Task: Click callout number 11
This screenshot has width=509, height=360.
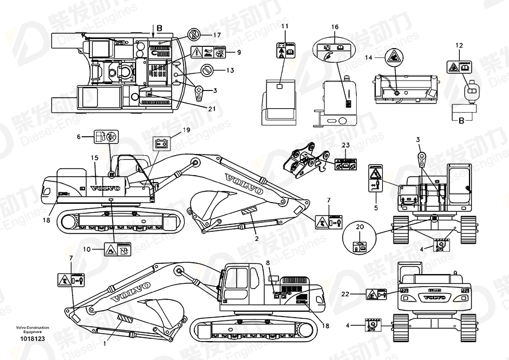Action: click(x=284, y=27)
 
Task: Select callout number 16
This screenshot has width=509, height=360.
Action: click(x=335, y=27)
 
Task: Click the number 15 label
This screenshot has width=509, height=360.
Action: click(x=95, y=157)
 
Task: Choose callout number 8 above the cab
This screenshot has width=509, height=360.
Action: click(x=267, y=263)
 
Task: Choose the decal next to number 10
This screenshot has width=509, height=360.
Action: click(x=117, y=249)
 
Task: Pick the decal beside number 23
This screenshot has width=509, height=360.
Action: click(x=346, y=164)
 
